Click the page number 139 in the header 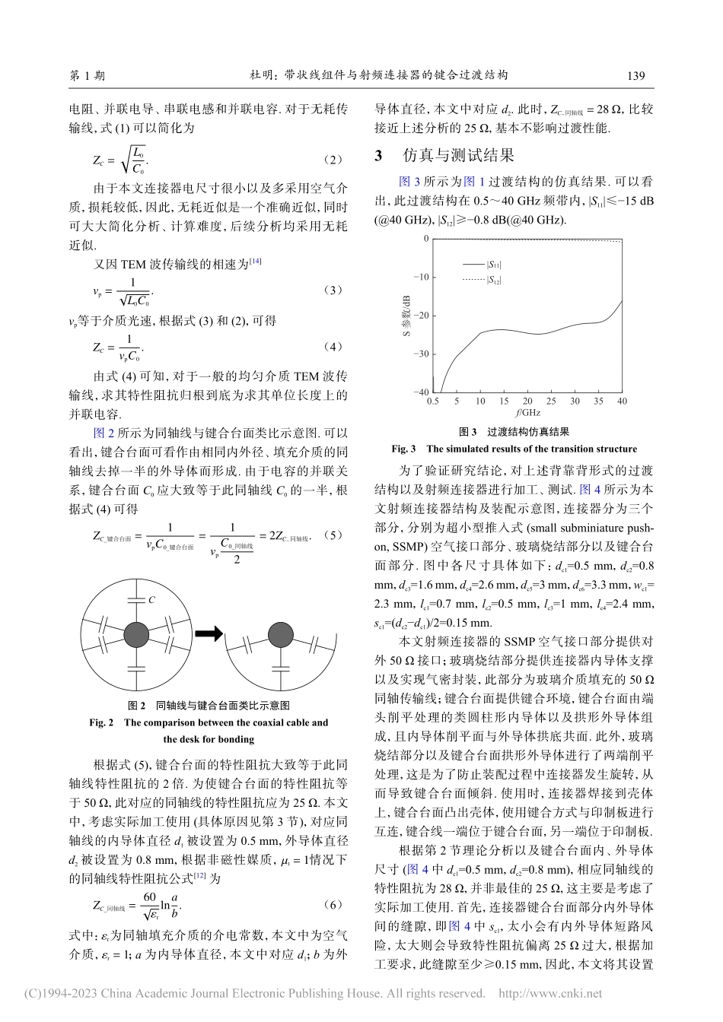click(x=635, y=75)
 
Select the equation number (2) click(x=333, y=160)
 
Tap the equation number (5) click(x=333, y=535)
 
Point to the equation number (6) click(x=333, y=904)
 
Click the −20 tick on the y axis click(x=420, y=316)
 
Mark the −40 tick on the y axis click(x=420, y=392)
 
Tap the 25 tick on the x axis click(x=551, y=401)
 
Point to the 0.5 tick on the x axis click(x=433, y=401)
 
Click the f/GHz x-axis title click(x=527, y=413)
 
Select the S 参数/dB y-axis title click(x=406, y=316)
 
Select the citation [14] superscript click(x=256, y=262)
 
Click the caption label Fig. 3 click(x=403, y=449)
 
